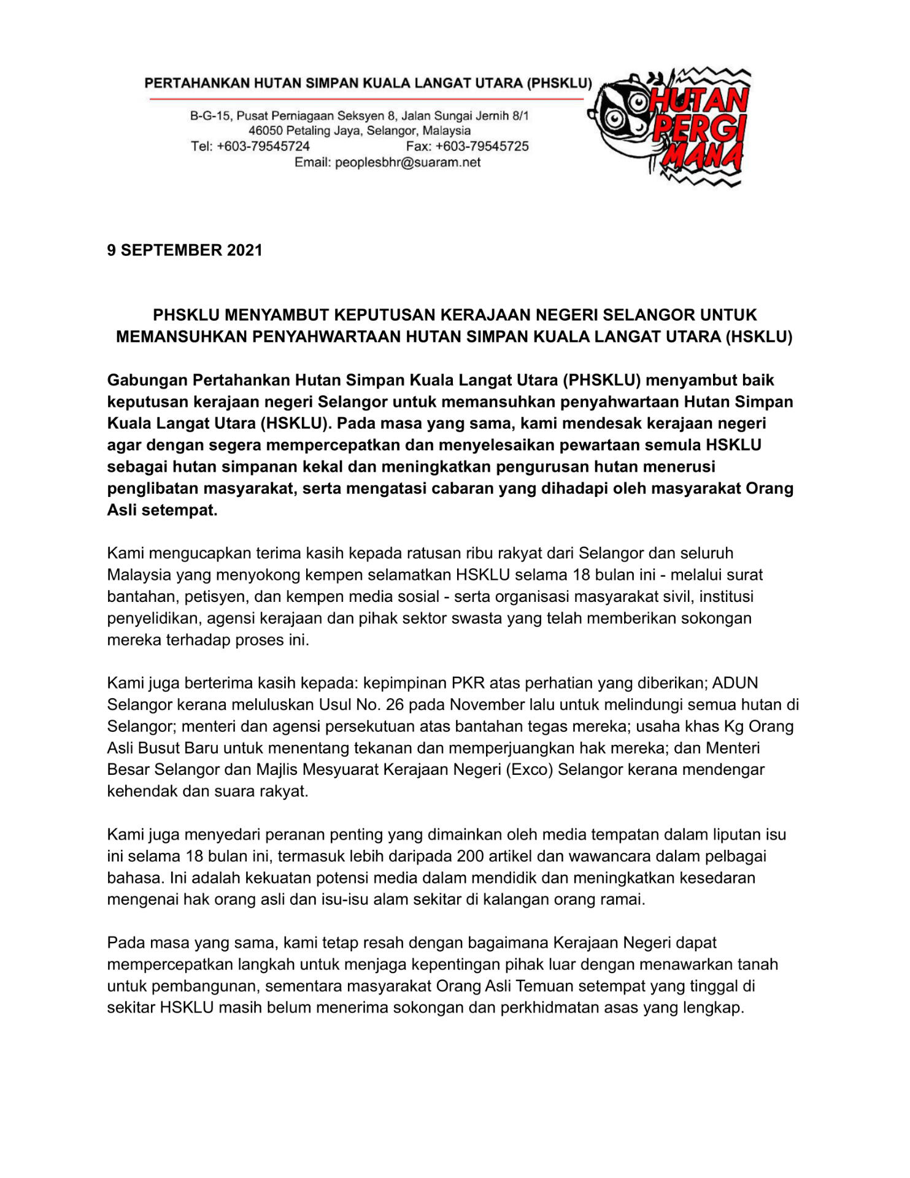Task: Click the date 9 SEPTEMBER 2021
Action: coord(185,250)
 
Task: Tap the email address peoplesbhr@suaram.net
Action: coord(407,163)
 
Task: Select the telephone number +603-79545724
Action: coord(263,147)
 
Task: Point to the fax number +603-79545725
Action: coord(482,147)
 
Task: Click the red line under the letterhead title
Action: coord(366,99)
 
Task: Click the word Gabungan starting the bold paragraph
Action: coord(147,380)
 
